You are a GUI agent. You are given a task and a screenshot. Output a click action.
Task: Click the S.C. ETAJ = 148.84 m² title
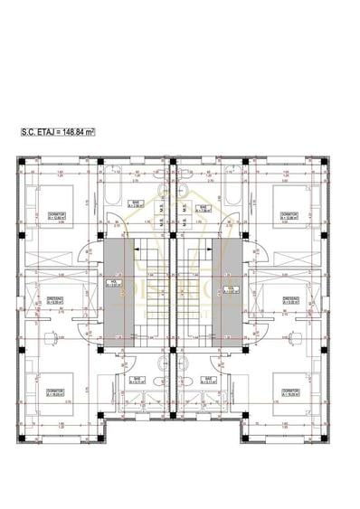tap(58, 131)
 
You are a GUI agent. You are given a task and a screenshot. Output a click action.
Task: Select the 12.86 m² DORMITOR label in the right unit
tap(289, 216)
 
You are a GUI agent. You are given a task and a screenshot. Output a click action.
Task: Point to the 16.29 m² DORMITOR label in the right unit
tap(289, 391)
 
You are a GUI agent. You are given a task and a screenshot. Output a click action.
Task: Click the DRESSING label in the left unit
tap(56, 301)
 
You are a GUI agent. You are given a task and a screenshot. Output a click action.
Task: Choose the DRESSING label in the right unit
tap(290, 301)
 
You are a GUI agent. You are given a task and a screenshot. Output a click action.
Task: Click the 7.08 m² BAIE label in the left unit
tap(136, 203)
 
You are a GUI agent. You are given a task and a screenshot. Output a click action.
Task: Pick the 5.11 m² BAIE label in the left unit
tap(137, 381)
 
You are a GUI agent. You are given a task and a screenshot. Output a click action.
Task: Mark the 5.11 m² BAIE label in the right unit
tap(208, 381)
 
